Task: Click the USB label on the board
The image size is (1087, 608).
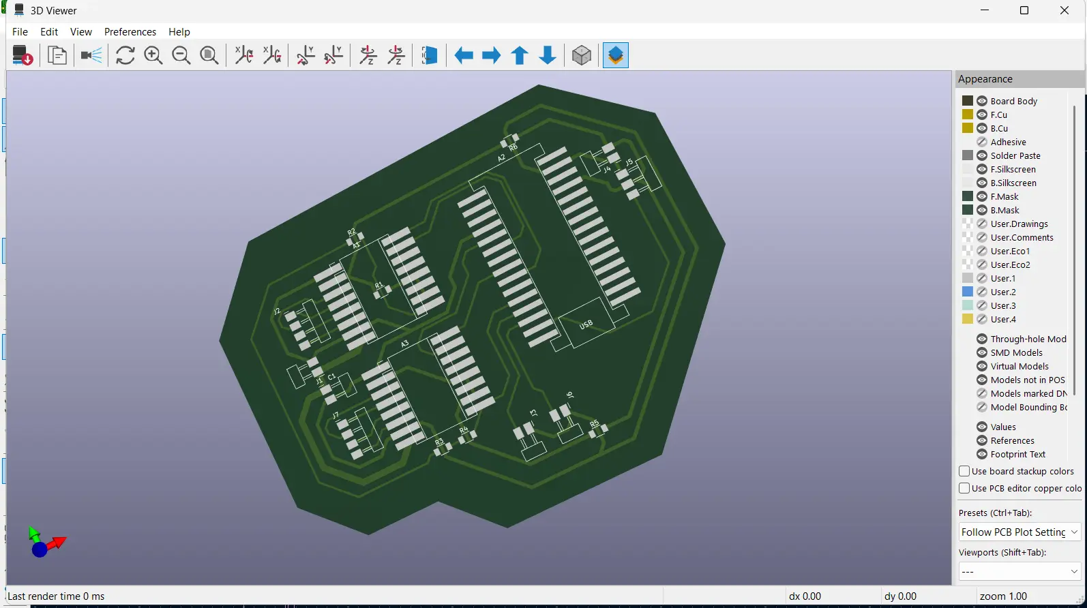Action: (x=586, y=325)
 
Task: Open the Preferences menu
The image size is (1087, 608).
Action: (x=130, y=32)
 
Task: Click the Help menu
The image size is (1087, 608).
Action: (x=179, y=32)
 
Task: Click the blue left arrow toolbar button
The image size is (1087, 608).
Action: (x=464, y=56)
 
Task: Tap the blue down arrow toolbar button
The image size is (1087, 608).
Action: (x=548, y=56)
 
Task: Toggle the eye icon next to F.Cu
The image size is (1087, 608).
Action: (x=982, y=115)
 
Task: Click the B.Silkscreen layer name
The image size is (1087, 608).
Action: (x=1013, y=183)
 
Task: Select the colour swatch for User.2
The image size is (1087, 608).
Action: (x=967, y=292)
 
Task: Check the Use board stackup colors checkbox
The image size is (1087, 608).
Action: (x=964, y=471)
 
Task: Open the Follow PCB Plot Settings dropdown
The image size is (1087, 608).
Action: (x=1019, y=532)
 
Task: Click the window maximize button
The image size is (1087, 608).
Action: (x=1024, y=10)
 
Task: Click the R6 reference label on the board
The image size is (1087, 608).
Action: (x=513, y=147)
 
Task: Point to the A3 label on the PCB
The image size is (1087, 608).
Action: (x=404, y=344)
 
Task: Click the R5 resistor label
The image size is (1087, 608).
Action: (x=594, y=424)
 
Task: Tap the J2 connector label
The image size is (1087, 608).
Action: (x=277, y=311)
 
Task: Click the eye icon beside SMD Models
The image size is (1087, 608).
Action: (x=982, y=352)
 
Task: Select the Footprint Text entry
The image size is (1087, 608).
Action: (x=1017, y=454)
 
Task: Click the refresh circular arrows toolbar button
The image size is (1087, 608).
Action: (x=125, y=56)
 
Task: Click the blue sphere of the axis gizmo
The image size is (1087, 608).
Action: (x=40, y=549)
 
